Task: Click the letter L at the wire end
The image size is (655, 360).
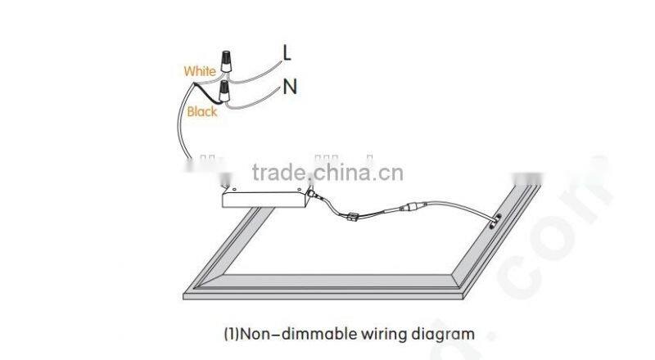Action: coord(287,52)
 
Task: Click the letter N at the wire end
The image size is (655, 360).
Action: coord(289,86)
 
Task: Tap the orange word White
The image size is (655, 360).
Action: coord(199,72)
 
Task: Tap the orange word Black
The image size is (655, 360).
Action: coord(202,111)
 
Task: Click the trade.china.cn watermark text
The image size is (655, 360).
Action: coord(327,173)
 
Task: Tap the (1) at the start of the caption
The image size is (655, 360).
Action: coord(231,334)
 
